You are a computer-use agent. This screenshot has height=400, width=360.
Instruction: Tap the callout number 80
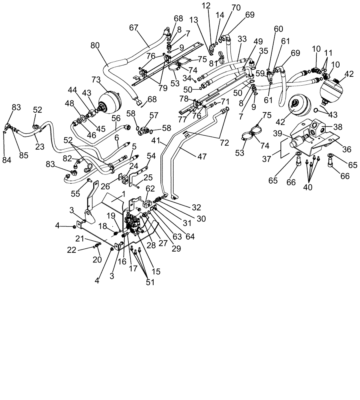tap(95, 45)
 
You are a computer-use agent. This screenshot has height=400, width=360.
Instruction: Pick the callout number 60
tap(278, 29)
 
